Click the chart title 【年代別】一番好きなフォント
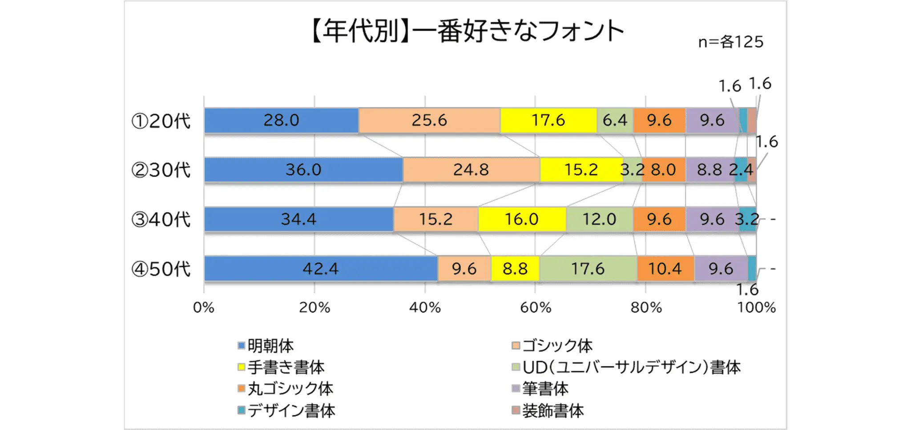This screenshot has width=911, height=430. click(x=467, y=32)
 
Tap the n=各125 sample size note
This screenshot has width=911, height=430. click(x=730, y=42)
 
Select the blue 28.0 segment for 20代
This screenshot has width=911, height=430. click(x=281, y=121)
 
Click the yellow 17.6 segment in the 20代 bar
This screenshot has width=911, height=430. click(x=548, y=121)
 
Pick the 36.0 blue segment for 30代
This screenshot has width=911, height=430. click(x=303, y=170)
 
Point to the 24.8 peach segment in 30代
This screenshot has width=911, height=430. click(x=471, y=170)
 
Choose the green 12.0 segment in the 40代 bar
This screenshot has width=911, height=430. click(x=599, y=219)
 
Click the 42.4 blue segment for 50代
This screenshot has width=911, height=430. click(x=320, y=269)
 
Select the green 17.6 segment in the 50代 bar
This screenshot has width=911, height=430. click(x=588, y=269)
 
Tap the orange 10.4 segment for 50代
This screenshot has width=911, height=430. click(x=665, y=269)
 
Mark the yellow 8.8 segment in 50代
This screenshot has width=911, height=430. click(x=515, y=269)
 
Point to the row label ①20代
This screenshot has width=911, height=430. click(x=161, y=121)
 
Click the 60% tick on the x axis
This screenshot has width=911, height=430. click(x=535, y=308)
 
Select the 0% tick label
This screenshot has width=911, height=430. click(x=204, y=308)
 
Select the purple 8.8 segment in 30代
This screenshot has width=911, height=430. click(x=709, y=170)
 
